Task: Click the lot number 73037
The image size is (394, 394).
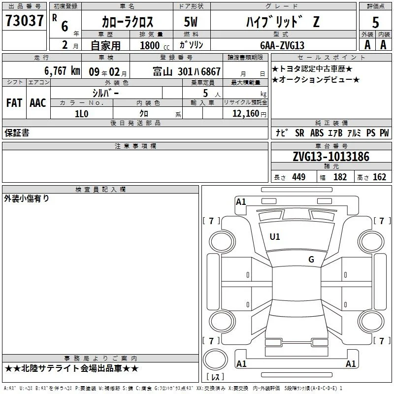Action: click(x=24, y=21)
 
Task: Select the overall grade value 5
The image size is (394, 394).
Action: click(x=375, y=22)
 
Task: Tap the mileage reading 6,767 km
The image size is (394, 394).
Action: click(x=63, y=71)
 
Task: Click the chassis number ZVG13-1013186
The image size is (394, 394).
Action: click(x=331, y=157)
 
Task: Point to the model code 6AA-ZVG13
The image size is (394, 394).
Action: click(x=282, y=45)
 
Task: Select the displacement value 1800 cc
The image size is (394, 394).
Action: click(x=155, y=45)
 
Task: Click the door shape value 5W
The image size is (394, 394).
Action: click(x=191, y=22)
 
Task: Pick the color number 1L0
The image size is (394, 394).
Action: click(x=82, y=114)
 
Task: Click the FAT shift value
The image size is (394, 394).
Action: click(x=14, y=103)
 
